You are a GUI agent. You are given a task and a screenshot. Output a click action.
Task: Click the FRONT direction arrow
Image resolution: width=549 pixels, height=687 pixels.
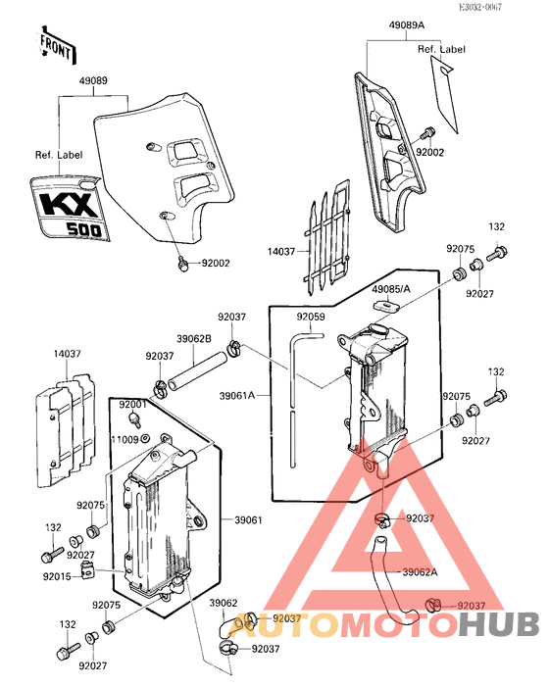click(58, 45)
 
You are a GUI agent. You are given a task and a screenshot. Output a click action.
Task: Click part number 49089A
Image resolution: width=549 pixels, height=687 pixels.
click(407, 25)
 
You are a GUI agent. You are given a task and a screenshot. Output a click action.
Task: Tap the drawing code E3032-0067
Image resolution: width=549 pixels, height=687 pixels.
click(480, 7)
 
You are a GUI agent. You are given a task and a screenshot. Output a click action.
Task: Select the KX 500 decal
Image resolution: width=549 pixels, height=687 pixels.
click(70, 208)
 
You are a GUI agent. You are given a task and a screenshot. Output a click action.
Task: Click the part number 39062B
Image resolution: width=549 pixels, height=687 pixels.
click(194, 339)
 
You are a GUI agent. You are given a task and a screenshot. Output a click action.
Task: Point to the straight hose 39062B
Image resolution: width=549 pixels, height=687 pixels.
click(198, 370)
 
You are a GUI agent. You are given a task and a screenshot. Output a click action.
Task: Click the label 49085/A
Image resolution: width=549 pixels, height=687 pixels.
click(391, 289)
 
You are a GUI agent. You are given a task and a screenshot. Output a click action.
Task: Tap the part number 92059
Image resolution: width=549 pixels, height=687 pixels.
click(311, 317)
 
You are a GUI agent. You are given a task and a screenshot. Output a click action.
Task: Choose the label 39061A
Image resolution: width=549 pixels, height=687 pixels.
click(237, 396)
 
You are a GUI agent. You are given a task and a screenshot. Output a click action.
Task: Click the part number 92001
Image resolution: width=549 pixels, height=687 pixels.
click(132, 404)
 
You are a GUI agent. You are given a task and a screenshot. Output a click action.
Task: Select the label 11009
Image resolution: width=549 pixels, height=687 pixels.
click(125, 439)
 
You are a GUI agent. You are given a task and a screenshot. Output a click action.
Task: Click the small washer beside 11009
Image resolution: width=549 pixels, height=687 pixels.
click(145, 438)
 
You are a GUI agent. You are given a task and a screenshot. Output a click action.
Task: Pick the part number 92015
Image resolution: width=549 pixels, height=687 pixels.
click(57, 576)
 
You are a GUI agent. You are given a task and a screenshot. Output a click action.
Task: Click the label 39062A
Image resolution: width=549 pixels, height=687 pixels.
click(421, 572)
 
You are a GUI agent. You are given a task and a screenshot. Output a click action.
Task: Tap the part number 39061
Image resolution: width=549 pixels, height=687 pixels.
click(248, 520)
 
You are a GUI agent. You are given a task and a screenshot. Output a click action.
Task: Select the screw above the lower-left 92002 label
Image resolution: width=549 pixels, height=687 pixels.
click(183, 264)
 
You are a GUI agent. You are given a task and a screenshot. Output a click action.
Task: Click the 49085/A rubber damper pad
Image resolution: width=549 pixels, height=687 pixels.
click(386, 306)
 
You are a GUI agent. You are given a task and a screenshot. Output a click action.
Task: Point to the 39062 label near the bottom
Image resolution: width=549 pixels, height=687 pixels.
click(224, 603)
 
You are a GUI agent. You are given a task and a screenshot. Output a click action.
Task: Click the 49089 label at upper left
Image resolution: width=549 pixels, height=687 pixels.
click(93, 80)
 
